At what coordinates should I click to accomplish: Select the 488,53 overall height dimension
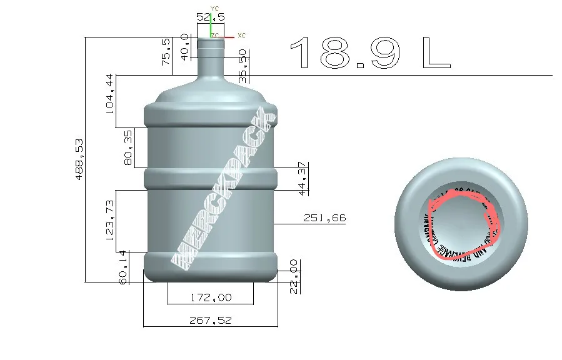(x=79, y=159)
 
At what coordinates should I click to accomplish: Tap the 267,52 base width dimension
(x=210, y=320)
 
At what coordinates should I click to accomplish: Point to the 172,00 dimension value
(x=210, y=297)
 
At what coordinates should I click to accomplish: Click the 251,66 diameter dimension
(x=324, y=218)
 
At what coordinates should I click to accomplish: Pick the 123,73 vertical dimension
(x=110, y=221)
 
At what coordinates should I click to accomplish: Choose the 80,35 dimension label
(x=128, y=147)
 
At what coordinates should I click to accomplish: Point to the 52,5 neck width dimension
(x=210, y=17)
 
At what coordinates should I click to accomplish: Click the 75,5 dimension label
(x=166, y=52)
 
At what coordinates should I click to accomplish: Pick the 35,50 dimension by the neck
(x=244, y=66)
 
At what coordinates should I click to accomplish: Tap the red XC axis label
(x=242, y=36)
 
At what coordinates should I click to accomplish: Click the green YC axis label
(x=215, y=7)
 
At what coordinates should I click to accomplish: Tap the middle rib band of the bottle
(x=211, y=177)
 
